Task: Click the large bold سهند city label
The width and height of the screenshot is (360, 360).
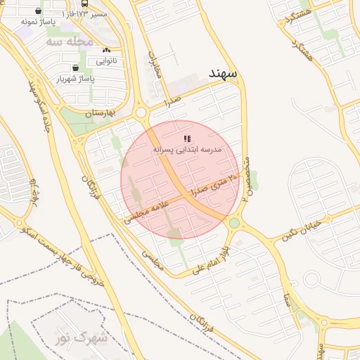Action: point(224,72)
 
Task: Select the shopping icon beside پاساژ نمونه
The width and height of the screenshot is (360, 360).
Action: point(38,11)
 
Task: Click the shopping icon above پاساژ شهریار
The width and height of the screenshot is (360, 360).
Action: point(75,68)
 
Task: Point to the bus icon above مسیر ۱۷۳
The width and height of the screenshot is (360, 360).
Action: point(84,4)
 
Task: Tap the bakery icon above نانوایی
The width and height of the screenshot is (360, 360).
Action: point(106,51)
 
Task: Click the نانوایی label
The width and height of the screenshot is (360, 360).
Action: point(106,61)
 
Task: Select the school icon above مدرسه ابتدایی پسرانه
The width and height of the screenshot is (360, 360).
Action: point(186,139)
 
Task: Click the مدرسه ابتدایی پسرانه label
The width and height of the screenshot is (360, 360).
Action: point(186,150)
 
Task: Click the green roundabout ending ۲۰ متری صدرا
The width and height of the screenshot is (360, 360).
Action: point(234,223)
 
